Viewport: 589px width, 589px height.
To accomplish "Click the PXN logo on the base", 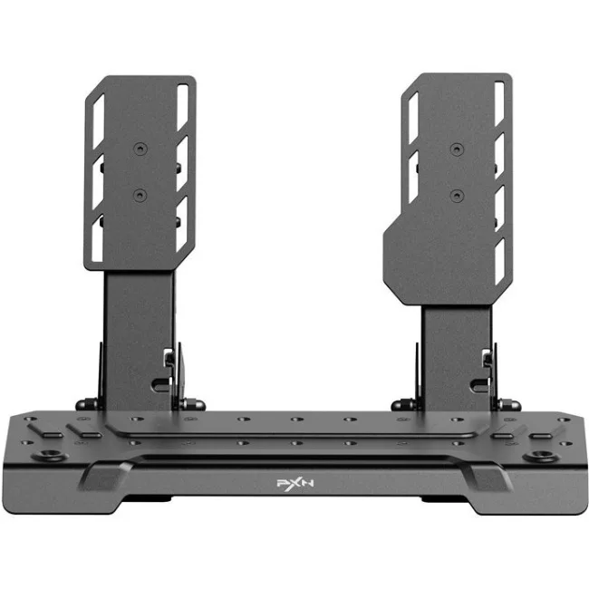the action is tap(294, 483).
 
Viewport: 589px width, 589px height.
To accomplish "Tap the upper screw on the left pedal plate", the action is tap(140, 150).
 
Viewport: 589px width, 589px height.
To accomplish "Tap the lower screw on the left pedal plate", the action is tap(140, 195).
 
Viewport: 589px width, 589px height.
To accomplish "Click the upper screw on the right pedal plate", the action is tap(457, 150).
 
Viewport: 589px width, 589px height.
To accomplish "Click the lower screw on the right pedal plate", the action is tap(457, 195).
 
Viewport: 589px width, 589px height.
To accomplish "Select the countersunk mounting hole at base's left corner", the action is tap(50, 455).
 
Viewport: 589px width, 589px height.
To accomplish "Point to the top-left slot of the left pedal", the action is tap(99, 121).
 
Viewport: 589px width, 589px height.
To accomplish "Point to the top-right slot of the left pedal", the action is tap(182, 108).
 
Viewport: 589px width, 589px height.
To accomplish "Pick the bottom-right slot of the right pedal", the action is tap(499, 261).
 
